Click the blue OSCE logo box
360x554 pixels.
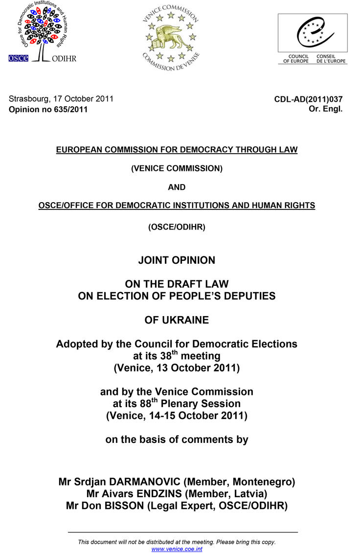[x=19, y=58]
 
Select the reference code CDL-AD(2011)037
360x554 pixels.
[x=308, y=99]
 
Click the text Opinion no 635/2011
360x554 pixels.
[x=48, y=110]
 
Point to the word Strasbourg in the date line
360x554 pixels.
[x=28, y=98]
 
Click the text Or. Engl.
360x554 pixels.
[x=325, y=109]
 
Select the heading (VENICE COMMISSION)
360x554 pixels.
[x=177, y=168]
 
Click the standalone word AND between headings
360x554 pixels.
[x=177, y=187]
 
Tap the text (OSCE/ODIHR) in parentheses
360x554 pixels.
[x=177, y=227]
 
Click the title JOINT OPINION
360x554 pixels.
[x=177, y=260]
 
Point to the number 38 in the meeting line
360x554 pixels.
[x=165, y=357]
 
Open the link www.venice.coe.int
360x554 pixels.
[x=177, y=549]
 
